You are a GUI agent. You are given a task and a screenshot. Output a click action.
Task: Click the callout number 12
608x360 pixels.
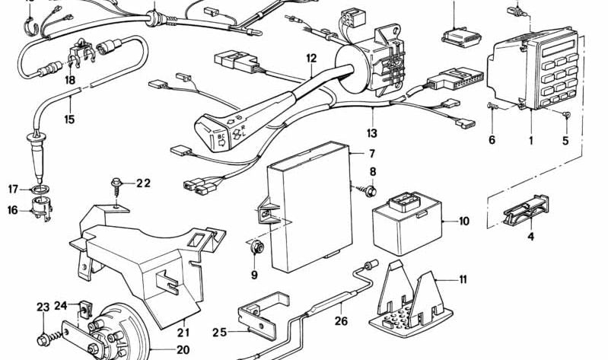pyautogui.click(x=310, y=58)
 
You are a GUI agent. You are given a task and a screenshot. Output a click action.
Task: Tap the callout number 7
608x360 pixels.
pyautogui.click(x=351, y=153)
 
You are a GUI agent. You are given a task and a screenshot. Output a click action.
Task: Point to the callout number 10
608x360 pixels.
pyautogui.click(x=463, y=222)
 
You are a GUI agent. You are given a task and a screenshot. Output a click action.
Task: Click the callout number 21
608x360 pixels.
pyautogui.click(x=183, y=333)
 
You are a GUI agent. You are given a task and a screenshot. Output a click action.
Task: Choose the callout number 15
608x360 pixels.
pyautogui.click(x=69, y=119)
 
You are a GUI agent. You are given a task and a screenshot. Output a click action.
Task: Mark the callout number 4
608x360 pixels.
pyautogui.click(x=530, y=237)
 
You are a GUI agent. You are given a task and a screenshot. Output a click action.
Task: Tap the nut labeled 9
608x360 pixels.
pyautogui.click(x=256, y=248)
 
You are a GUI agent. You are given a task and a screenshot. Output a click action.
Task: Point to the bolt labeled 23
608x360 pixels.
pyautogui.click(x=45, y=337)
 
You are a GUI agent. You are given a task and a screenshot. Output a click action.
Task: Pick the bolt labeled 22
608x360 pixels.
pyautogui.click(x=116, y=183)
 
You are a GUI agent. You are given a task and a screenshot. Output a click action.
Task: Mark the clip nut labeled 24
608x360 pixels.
pyautogui.click(x=83, y=310)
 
